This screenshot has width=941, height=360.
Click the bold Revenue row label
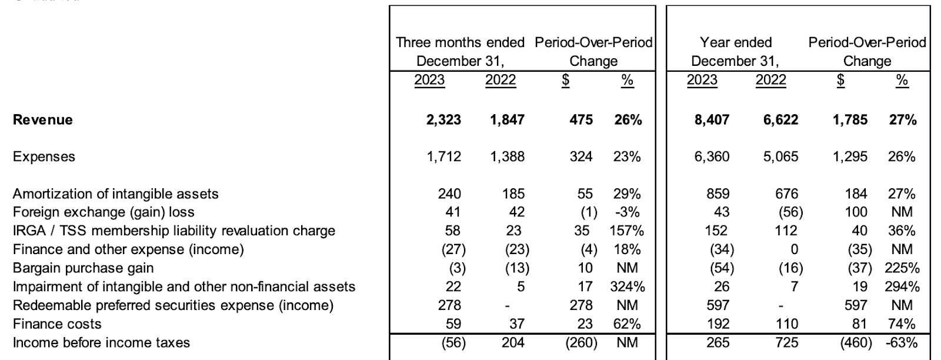42,120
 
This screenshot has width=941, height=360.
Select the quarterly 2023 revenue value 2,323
443,120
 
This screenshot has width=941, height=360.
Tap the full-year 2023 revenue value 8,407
712,120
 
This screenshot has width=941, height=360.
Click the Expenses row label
44,156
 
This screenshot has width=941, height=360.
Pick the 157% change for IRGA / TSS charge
626,231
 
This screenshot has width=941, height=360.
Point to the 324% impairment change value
627,286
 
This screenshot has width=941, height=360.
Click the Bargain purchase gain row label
83,268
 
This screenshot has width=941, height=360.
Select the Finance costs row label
57,324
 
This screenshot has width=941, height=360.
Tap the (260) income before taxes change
581,343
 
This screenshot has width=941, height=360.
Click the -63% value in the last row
902,343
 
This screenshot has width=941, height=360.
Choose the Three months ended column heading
460,42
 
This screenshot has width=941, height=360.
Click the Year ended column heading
736,42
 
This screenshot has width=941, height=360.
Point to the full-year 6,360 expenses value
712,156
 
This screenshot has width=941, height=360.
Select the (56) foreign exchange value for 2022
790,212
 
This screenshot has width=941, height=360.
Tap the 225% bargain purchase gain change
902,268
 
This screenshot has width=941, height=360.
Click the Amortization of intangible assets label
115,194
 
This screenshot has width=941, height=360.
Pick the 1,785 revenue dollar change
850,120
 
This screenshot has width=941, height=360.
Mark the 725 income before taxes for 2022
786,343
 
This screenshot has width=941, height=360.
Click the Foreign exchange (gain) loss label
104,212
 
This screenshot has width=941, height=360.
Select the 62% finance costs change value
627,324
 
